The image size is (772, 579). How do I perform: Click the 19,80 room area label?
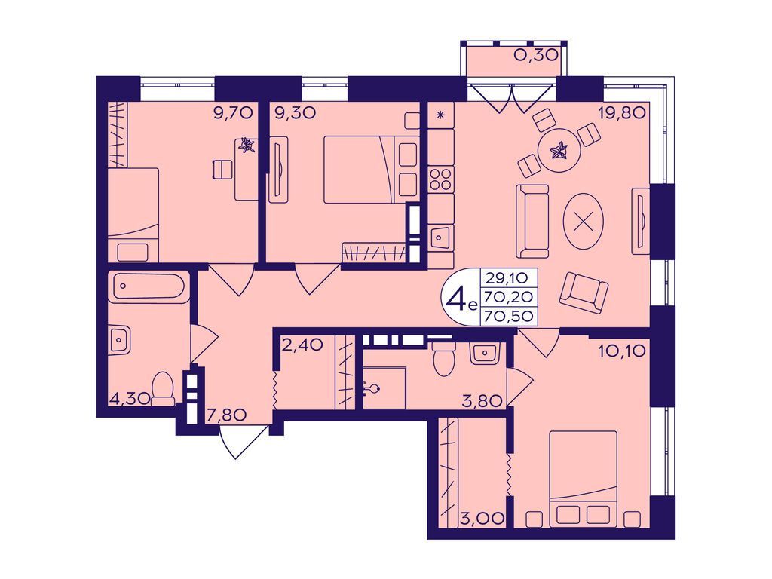[x=622, y=114]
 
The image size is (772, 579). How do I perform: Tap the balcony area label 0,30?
[x=536, y=54]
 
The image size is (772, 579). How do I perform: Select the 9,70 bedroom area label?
[x=234, y=114]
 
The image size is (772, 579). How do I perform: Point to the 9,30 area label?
[x=296, y=114]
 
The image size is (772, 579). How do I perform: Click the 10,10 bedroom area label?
[x=622, y=351]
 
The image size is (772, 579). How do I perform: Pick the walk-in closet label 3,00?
[x=482, y=518]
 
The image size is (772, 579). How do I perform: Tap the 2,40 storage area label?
[x=302, y=344]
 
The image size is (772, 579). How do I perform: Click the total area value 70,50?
[x=509, y=316]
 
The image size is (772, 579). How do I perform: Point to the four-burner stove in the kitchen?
[x=440, y=179]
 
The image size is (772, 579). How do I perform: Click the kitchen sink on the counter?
[x=440, y=238]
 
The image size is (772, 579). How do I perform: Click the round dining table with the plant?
[x=560, y=150]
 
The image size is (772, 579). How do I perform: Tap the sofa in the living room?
[x=532, y=221]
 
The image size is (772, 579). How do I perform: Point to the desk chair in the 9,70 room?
[x=222, y=170]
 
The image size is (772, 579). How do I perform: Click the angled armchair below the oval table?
[x=584, y=293]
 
